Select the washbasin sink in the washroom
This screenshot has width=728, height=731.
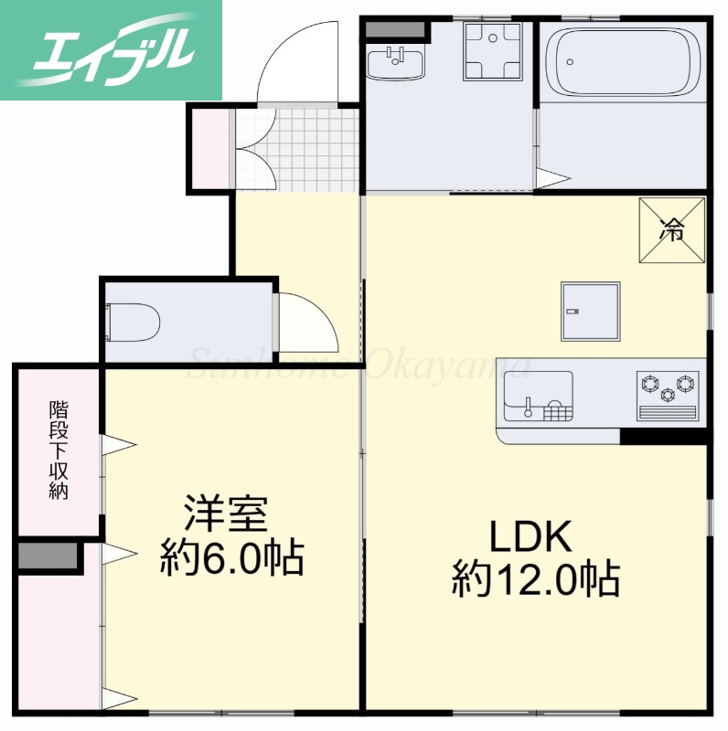point(395,64)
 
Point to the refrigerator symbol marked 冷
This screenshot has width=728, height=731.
point(672,229)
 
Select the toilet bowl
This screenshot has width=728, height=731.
point(134,322)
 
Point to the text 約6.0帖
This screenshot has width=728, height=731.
point(231,556)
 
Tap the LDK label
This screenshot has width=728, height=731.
point(530,537)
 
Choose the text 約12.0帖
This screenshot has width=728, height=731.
point(536,578)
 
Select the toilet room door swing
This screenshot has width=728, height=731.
point(307,324)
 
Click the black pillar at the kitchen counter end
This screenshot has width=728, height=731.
point(663,436)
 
